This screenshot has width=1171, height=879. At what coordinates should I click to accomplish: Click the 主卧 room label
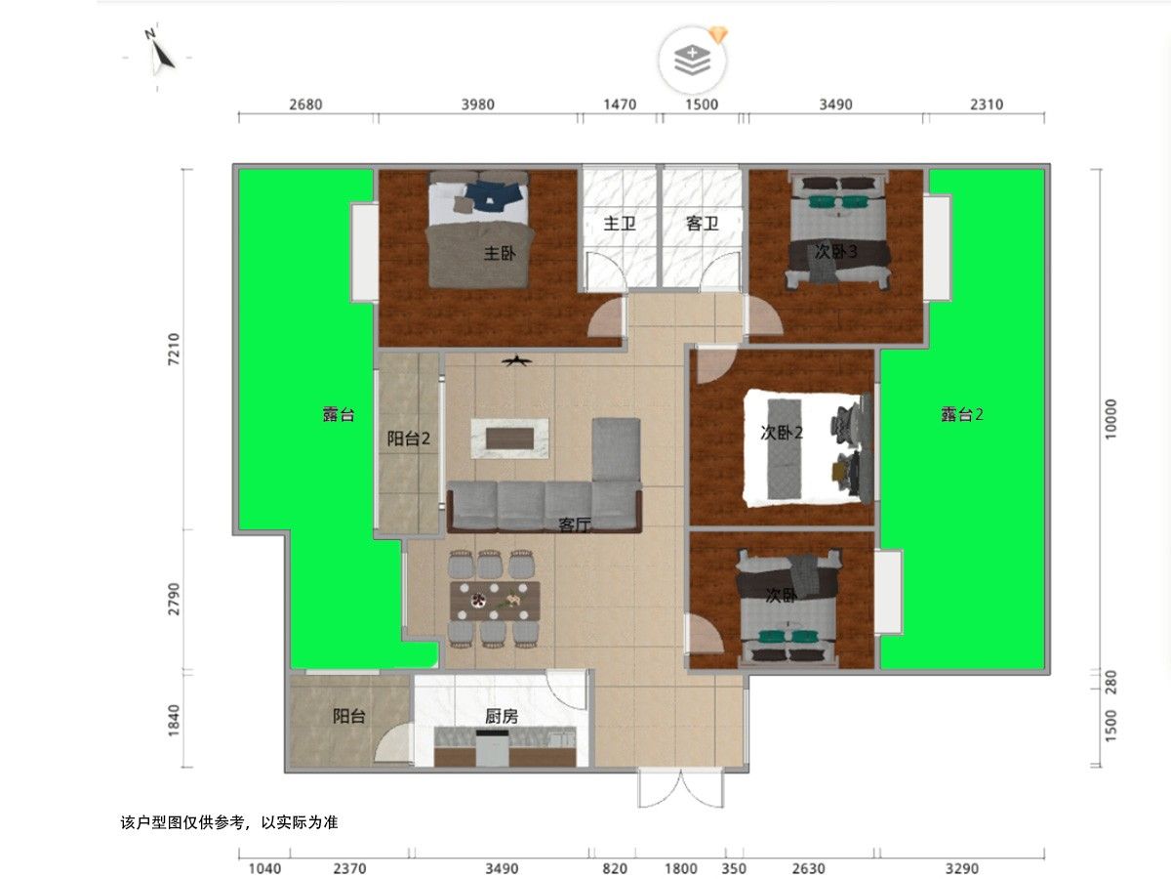[x=500, y=252]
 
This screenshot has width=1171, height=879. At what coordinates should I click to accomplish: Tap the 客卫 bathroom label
[x=702, y=223]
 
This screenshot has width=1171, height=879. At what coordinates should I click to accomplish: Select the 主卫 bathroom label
[x=620, y=223]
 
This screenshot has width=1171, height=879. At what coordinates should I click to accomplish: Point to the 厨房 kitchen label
[x=501, y=716]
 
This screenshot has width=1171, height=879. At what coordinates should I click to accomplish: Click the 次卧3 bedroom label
[x=835, y=251]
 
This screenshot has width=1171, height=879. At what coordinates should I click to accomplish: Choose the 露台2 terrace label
[x=961, y=414]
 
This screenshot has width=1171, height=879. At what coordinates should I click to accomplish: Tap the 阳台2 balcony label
[x=408, y=439]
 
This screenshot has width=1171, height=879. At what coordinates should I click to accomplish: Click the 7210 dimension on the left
[x=174, y=349]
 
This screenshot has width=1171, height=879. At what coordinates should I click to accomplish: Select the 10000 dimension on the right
[x=1110, y=419]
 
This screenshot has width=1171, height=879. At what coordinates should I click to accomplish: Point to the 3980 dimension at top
[x=477, y=105]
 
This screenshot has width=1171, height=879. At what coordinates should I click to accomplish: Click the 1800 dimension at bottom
[x=681, y=869]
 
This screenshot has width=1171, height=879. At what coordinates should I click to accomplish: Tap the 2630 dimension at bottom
[x=808, y=869]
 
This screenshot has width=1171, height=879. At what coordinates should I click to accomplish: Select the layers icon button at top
[x=692, y=61]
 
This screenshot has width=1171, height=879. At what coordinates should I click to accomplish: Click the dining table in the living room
[x=495, y=601]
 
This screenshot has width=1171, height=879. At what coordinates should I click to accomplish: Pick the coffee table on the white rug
[x=509, y=439]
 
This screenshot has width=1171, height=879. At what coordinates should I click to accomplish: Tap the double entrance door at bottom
[x=681, y=788]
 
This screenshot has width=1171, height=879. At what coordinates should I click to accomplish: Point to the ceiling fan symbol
[x=516, y=361]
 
